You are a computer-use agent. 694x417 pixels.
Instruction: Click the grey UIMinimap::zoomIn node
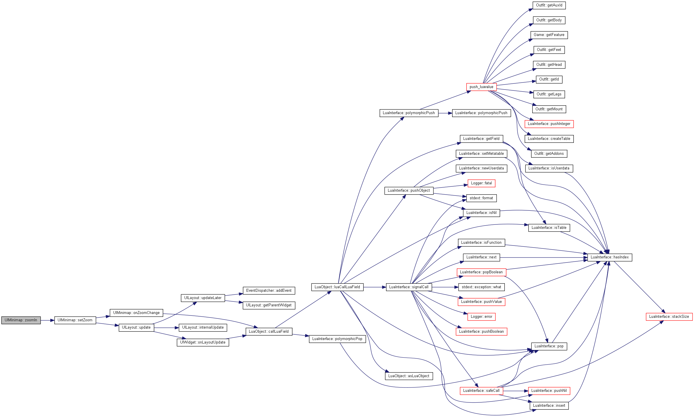[21, 320]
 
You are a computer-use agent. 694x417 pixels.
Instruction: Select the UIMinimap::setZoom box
[75, 320]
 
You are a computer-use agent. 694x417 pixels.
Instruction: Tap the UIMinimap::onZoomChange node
[136, 313]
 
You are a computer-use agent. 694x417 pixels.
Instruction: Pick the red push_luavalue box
[481, 87]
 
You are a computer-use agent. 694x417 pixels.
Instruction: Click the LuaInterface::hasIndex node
[610, 257]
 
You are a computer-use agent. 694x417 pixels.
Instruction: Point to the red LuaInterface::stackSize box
[669, 317]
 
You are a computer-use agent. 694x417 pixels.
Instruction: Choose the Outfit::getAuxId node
[549, 5]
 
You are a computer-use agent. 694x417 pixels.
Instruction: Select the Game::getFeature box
[549, 35]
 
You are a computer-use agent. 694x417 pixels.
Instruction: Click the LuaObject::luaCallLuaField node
[337, 287]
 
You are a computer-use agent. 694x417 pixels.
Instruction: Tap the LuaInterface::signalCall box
[409, 287]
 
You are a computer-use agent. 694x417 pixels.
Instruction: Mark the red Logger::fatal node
[481, 183]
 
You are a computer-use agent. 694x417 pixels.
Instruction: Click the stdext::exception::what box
[481, 287]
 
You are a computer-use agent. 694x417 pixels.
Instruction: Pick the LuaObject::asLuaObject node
[409, 376]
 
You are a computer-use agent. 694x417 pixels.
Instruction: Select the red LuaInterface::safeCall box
[481, 391]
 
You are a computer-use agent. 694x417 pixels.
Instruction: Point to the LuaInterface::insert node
[549, 406]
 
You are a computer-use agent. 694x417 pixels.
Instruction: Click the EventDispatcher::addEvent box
[269, 291]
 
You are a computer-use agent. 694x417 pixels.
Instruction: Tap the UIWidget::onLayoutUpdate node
[203, 342]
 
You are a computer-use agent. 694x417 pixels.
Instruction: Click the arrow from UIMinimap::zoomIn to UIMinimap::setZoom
[48, 320]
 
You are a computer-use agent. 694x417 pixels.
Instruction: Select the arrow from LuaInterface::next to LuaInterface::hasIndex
[544, 258]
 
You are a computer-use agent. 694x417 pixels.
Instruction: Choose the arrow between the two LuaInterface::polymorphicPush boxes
[445, 113]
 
